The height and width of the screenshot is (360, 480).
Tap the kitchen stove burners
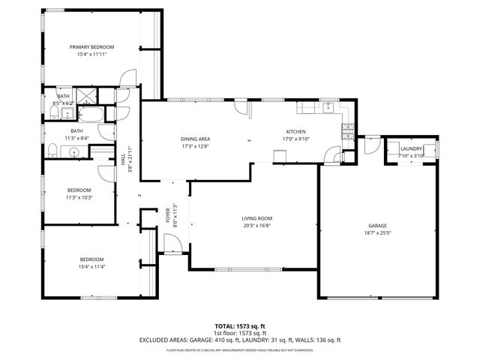346,133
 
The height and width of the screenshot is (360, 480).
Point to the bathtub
93,115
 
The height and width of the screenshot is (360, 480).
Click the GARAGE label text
377,226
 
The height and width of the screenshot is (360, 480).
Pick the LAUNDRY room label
411,148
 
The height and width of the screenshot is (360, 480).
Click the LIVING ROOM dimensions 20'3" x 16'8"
256,225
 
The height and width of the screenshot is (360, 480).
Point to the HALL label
123,158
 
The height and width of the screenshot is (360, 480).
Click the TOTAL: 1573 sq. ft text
240,326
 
